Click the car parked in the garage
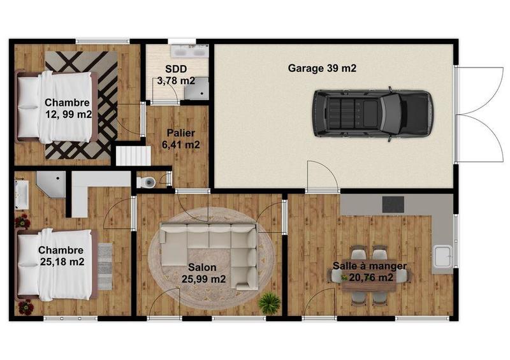[x=372, y=113]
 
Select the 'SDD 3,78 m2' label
[x=177, y=75]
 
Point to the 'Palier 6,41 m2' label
[x=182, y=139]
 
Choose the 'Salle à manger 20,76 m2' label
[x=369, y=271]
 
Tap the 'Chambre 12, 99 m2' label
[x=68, y=108]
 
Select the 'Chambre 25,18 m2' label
[x=61, y=256]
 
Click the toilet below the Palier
[x=149, y=182]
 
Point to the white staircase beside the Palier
[x=127, y=155]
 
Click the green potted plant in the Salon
[x=270, y=302]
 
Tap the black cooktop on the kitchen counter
[x=393, y=204]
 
